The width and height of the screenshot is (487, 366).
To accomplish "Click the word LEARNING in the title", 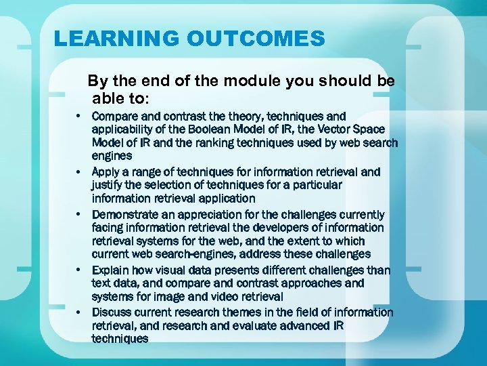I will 116,38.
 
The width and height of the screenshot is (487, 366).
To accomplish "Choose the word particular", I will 315,185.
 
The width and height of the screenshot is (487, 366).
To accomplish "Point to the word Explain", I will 110,270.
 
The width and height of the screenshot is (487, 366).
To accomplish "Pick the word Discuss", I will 111,312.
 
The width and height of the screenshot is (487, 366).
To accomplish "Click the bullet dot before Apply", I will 78,172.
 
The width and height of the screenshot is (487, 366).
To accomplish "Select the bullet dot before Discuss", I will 78,312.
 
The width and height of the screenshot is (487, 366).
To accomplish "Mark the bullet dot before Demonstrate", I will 78,215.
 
